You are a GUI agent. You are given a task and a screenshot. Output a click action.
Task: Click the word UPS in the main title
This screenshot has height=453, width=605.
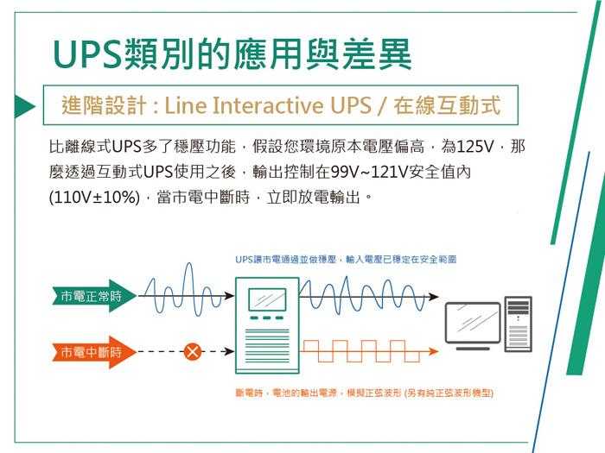pyautogui.click(x=86, y=53)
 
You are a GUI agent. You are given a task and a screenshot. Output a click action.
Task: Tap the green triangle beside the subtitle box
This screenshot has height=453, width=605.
pyautogui.click(x=25, y=106)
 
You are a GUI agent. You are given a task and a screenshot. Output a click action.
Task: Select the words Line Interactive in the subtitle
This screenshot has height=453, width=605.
pyautogui.click(x=244, y=105)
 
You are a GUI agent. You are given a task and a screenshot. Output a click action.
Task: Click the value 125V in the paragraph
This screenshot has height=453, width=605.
pyautogui.click(x=468, y=147)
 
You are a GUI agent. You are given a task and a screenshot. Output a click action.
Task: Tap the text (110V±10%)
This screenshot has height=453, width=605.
pyautogui.click(x=94, y=198)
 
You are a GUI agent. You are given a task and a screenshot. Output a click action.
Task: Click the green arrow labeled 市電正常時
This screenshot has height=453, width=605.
pyautogui.click(x=94, y=296)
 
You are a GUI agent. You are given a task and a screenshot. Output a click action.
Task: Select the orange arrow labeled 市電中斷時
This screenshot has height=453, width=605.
pyautogui.click(x=94, y=352)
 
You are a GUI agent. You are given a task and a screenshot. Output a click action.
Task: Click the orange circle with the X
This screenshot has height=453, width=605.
pyautogui.click(x=192, y=351)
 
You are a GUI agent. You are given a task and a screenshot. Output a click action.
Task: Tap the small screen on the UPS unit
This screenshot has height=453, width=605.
pyautogui.click(x=267, y=299)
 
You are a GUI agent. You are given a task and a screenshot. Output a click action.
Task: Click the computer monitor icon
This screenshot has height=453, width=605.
pyautogui.click(x=473, y=326)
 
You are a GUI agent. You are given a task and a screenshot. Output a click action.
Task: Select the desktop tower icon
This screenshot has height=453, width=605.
pyautogui.click(x=519, y=324)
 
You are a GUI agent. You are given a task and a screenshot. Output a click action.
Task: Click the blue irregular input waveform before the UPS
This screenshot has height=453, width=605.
pyautogui.click(x=183, y=290)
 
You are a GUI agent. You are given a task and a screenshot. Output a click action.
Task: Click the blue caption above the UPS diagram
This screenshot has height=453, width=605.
pyautogui.click(x=346, y=259)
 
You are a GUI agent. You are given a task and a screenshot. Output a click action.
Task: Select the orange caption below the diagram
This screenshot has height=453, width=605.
pyautogui.click(x=364, y=393)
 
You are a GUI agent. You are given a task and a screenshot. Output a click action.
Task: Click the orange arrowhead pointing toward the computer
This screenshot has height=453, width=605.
pyautogui.click(x=434, y=351)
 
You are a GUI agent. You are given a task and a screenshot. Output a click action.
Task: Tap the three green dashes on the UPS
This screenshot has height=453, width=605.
pyautogui.click(x=266, y=318)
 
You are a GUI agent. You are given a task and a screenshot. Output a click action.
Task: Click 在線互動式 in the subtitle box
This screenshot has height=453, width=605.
pyautogui.click(x=447, y=105)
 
